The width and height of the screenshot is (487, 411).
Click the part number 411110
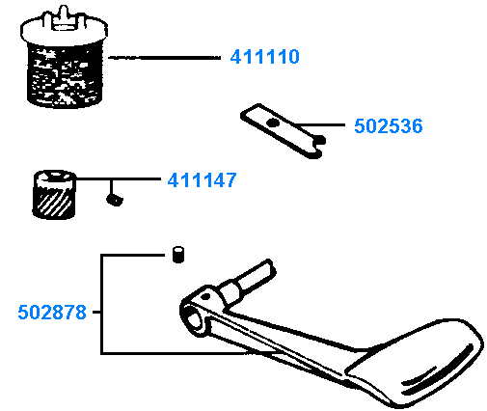coord(265,57)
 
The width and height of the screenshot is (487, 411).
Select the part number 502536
coord(389,125)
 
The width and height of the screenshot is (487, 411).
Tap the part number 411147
coord(202,180)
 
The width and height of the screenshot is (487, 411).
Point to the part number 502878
coord(52,313)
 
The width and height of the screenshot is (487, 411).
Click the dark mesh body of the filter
coord(65,75)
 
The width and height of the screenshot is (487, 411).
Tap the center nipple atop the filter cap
coord(64,16)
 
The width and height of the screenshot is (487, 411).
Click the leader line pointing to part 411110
coord(164,58)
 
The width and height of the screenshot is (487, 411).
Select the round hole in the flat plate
coord(274,123)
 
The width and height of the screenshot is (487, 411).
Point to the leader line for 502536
coord(319,124)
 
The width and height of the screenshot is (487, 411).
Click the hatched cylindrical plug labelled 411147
coord(54,195)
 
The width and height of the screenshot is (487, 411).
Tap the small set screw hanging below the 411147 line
coord(115,200)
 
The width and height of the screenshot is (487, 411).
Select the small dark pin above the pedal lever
coord(178,255)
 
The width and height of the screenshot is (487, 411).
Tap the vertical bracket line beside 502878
coord(101,304)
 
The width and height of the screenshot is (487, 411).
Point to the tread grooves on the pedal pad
coord(437,370)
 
